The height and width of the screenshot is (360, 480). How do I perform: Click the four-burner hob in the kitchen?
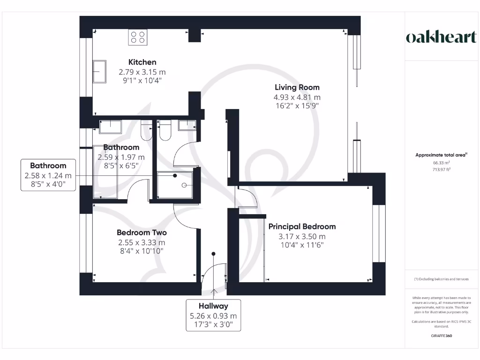click(138, 37)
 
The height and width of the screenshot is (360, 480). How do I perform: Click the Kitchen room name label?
click(142, 62)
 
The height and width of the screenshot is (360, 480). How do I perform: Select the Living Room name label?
click(297, 87)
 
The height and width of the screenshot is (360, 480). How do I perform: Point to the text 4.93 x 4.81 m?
click(297, 97)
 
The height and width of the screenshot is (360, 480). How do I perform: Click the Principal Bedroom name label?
click(302, 226)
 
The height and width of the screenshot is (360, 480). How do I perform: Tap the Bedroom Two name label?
click(142, 232)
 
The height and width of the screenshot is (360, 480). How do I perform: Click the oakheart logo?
click(441, 38)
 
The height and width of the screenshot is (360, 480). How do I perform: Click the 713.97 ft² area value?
click(441, 170)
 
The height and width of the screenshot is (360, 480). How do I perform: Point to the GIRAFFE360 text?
click(441, 336)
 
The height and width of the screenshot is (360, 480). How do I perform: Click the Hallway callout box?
click(213, 315)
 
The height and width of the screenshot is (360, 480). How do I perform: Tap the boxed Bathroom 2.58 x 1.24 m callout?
click(48, 175)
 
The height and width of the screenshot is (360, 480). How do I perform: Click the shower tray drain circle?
click(175, 176)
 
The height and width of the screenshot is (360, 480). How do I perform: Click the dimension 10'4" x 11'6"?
click(301, 245)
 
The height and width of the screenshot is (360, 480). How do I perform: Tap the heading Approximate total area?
click(441, 155)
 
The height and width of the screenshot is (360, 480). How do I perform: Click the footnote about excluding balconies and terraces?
click(441, 279)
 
